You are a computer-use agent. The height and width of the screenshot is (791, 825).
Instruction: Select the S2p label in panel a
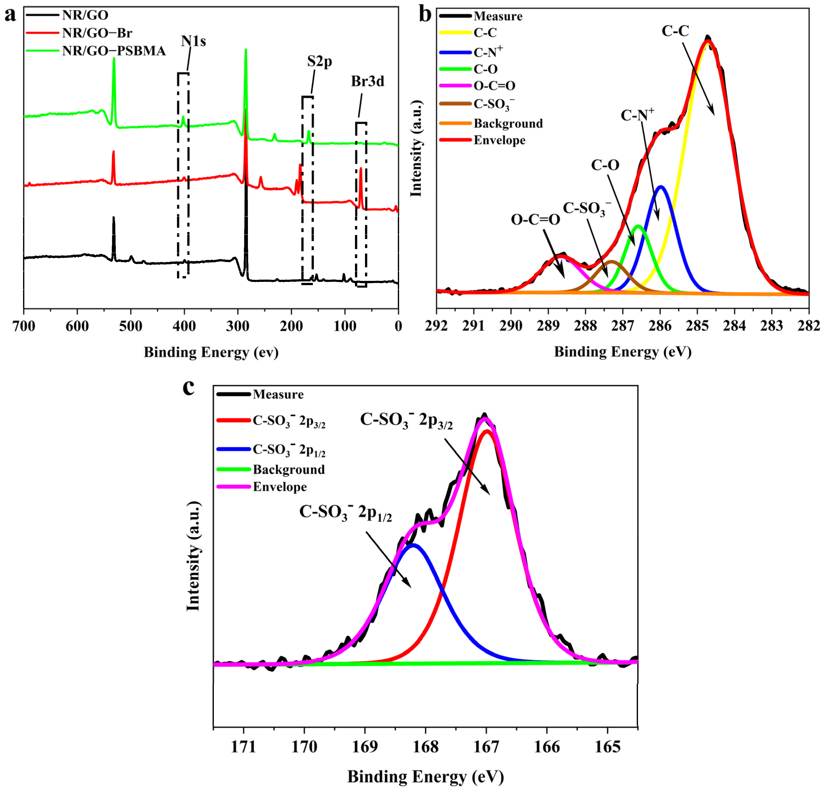click(x=319, y=61)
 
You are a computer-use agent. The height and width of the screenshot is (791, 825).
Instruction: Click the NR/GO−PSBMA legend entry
click(x=114, y=51)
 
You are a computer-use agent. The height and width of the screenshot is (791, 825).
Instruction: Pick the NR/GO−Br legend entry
click(x=97, y=33)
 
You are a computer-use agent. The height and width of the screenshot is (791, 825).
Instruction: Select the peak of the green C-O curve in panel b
click(x=638, y=226)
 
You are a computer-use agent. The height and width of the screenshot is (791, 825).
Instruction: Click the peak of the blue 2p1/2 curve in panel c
click(x=413, y=545)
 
